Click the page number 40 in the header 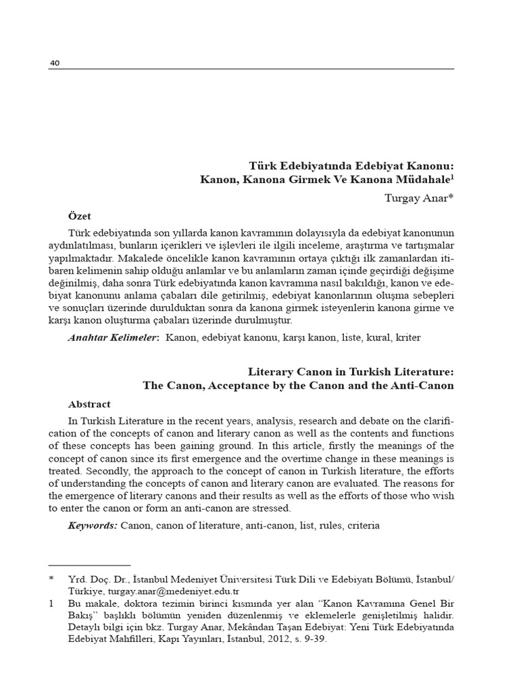click(55, 64)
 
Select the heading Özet click(80, 216)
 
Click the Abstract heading click(89, 404)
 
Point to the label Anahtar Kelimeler click(114, 337)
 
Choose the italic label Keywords click(93, 525)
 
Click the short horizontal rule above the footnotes click(90, 565)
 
